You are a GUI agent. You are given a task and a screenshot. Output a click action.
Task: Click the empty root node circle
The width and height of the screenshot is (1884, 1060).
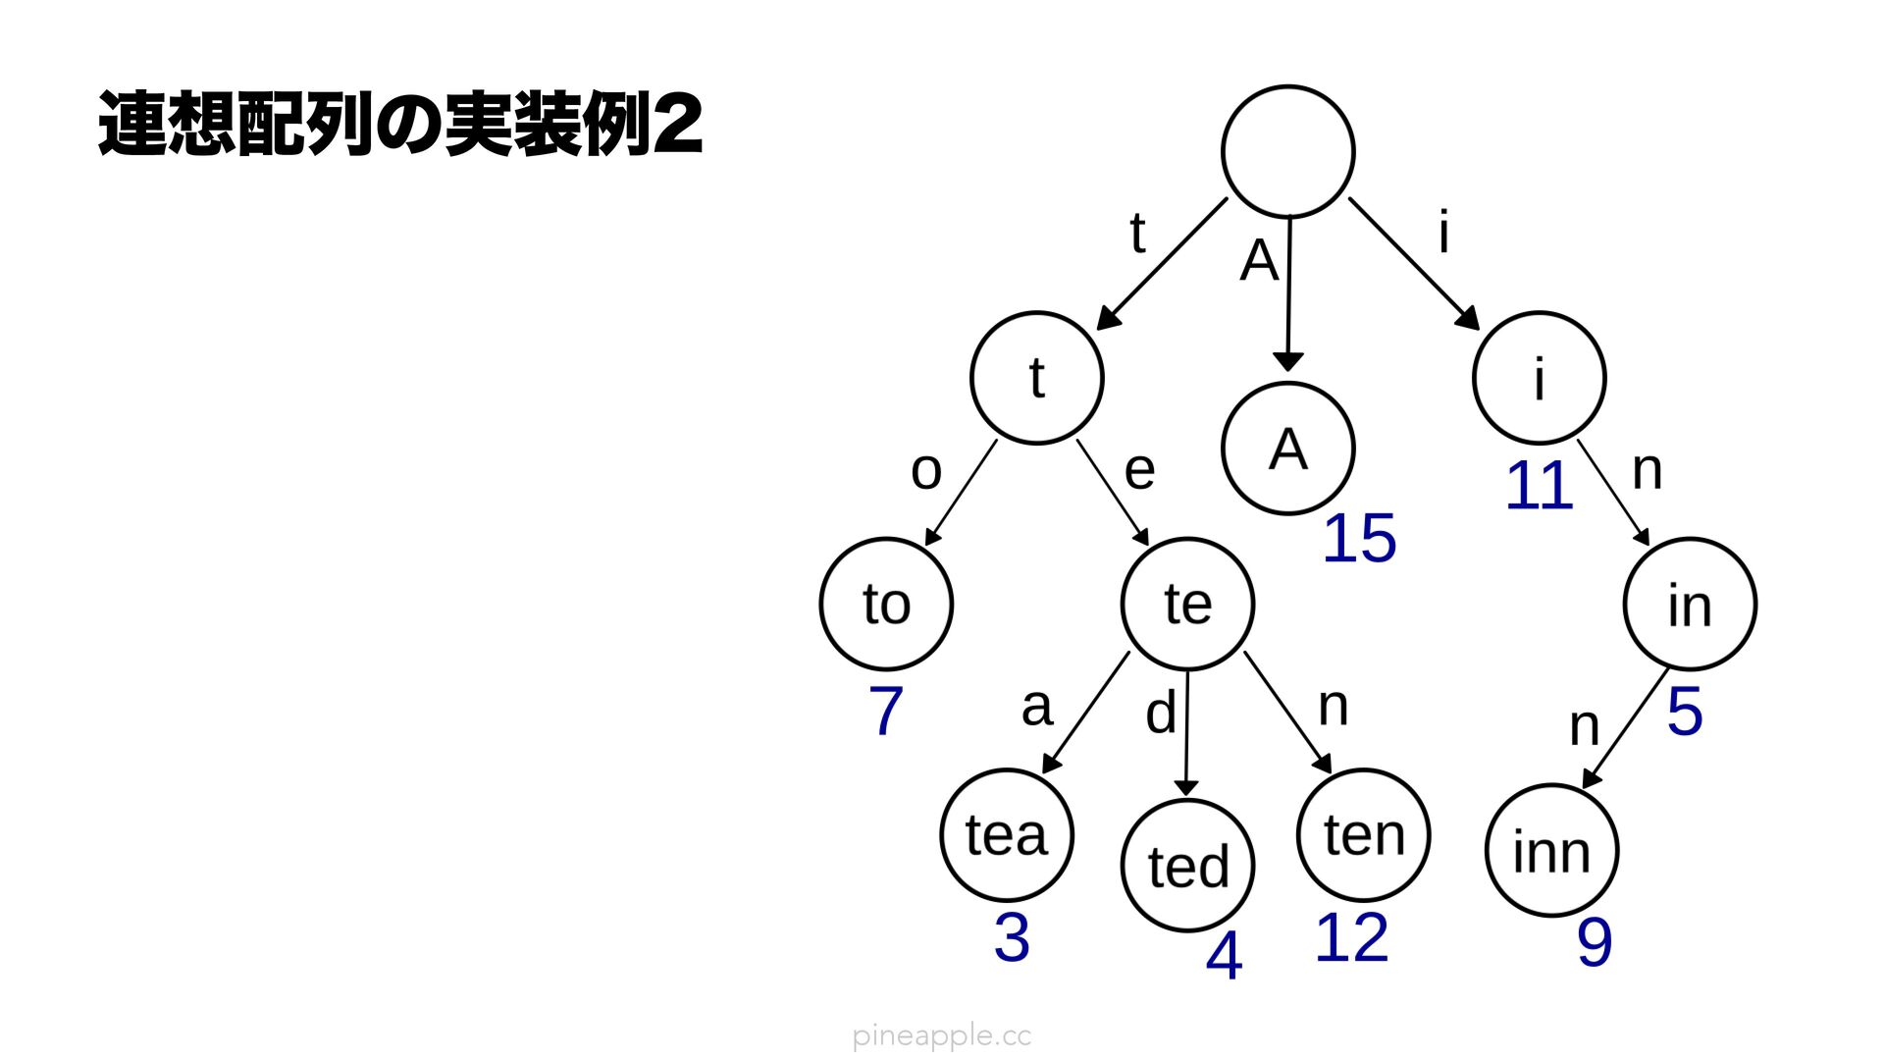coord(1287,151)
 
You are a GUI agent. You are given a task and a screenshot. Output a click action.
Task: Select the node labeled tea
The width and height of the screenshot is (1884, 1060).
coord(1007,835)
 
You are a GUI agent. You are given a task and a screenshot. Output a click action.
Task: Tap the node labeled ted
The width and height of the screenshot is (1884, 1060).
coord(1187,866)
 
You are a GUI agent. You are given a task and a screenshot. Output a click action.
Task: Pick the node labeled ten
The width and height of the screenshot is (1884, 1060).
coord(1363,835)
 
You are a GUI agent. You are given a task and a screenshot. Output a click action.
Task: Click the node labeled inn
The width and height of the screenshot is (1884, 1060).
coord(1551,850)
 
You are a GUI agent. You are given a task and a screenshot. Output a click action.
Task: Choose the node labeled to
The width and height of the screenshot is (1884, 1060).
coord(886,604)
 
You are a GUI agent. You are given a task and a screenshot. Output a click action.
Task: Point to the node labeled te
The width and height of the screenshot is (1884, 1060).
coord(1187,604)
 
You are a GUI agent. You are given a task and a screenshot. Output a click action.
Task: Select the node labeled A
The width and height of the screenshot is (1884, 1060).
coord(1287,449)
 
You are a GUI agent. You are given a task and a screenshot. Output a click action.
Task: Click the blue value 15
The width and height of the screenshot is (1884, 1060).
coord(1359,539)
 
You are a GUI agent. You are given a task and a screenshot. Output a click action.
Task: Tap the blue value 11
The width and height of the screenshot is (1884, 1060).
coord(1539,486)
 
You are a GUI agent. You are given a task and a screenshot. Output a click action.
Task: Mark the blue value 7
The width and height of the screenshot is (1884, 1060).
coord(885,711)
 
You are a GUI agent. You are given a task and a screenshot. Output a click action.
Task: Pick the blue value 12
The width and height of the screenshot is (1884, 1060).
coord(1351,938)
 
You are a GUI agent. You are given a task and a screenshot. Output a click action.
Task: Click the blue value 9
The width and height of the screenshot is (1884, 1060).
coord(1595,942)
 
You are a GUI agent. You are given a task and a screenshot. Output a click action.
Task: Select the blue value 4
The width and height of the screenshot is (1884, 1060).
coord(1224,956)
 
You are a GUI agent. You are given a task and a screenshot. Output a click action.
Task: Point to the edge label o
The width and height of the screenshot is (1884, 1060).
coord(926,471)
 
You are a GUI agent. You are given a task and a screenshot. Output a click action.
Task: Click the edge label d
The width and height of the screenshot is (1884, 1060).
coord(1161,713)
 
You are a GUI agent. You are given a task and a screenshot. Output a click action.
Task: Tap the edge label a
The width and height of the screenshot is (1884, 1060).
coord(1036,707)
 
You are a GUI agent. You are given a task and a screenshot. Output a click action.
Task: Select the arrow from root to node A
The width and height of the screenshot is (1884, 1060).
coord(1288,294)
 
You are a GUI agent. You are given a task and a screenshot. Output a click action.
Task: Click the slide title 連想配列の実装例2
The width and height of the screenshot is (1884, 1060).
coord(400,125)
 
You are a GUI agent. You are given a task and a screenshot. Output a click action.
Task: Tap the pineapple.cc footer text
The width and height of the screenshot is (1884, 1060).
coord(942,1035)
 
